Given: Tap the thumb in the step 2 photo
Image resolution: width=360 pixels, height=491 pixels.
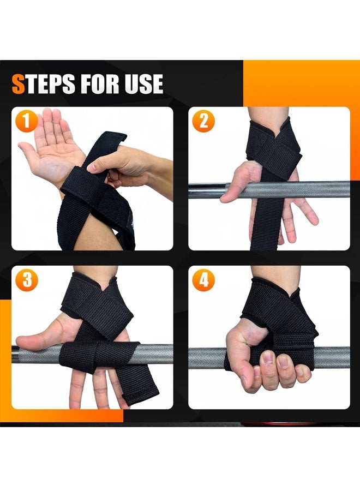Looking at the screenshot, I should (235, 185).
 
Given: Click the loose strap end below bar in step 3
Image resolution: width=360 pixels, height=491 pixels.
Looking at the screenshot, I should (139, 387).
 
